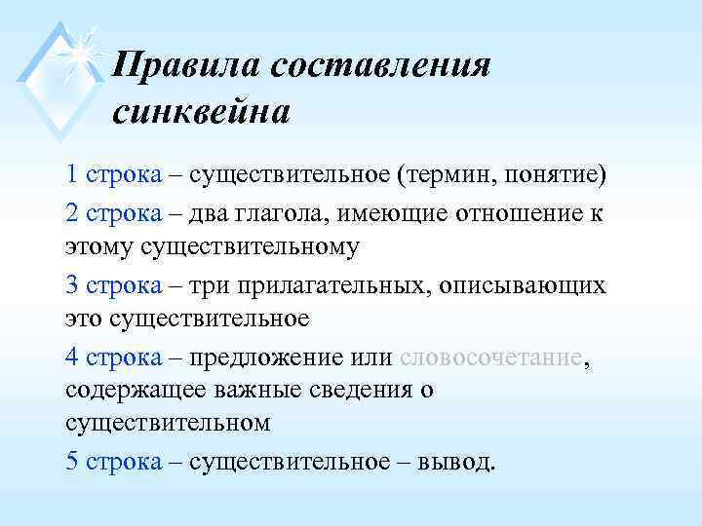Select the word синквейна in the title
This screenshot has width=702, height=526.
coord(201,113)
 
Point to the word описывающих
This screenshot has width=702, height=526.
coord(523,286)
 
